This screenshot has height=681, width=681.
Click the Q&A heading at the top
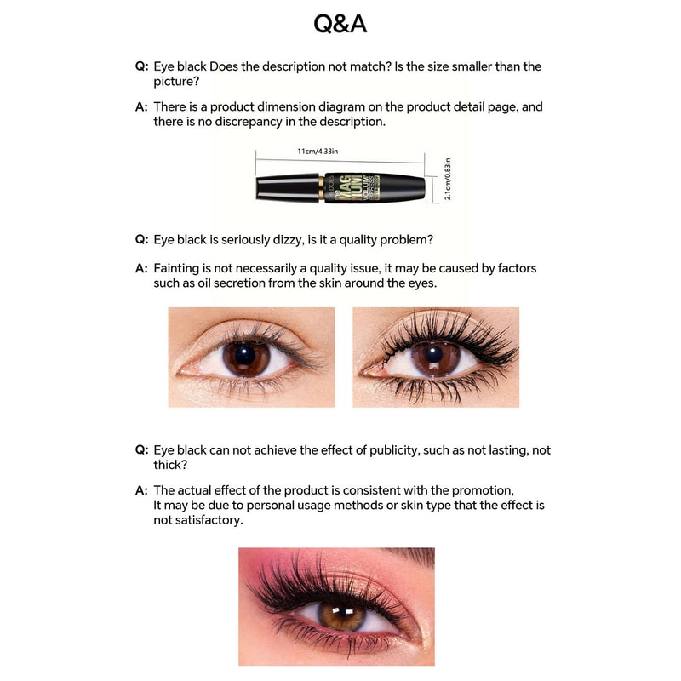tap(340, 24)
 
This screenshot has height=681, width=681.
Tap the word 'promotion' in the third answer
tap(484, 490)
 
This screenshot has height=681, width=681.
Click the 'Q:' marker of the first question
tap(141, 66)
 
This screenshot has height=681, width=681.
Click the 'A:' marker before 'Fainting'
tap(141, 268)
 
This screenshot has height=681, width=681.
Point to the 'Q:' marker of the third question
tap(141, 450)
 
